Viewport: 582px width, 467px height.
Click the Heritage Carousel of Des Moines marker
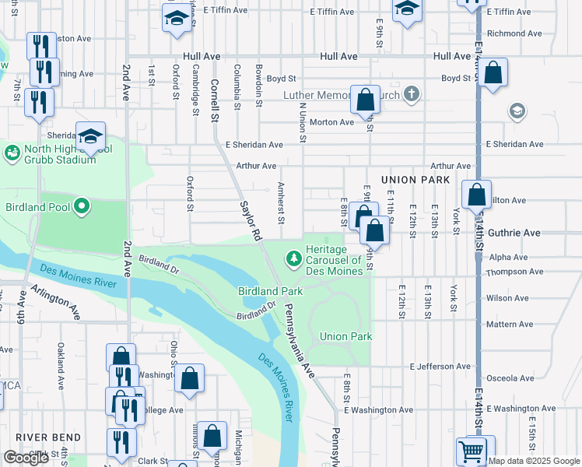[294, 256]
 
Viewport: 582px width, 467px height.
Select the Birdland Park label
[270, 290]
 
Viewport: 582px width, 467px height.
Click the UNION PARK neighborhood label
[416, 180]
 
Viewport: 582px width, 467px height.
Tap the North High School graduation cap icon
[91, 135]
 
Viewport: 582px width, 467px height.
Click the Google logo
[26, 458]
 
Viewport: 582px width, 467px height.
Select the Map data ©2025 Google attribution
[535, 461]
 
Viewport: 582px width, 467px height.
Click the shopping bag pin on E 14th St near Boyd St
[493, 74]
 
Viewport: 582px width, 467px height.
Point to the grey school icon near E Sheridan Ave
[516, 111]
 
